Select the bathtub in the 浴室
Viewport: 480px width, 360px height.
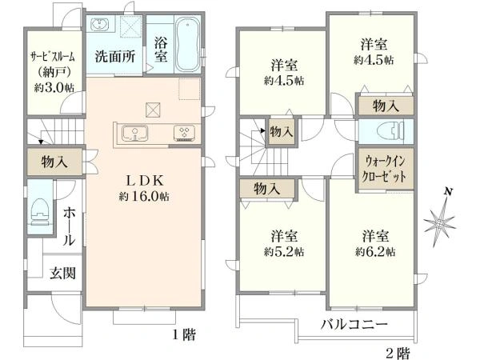tap(189, 44)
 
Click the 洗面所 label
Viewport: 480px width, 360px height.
tap(115, 57)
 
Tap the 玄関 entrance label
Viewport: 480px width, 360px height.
tap(64, 274)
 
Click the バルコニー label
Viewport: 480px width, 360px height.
tap(354, 325)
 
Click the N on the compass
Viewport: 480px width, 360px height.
tap(449, 192)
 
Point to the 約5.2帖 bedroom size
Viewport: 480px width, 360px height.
tap(286, 251)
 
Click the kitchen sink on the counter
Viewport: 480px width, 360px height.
tap(135, 133)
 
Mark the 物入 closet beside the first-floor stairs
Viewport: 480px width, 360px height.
tap(54, 162)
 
